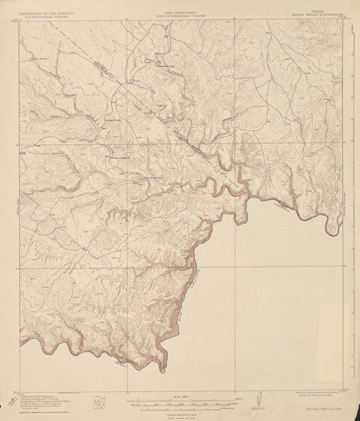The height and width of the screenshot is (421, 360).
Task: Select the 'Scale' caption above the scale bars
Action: point(180,397)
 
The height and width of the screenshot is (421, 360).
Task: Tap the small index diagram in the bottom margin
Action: point(101,403)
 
